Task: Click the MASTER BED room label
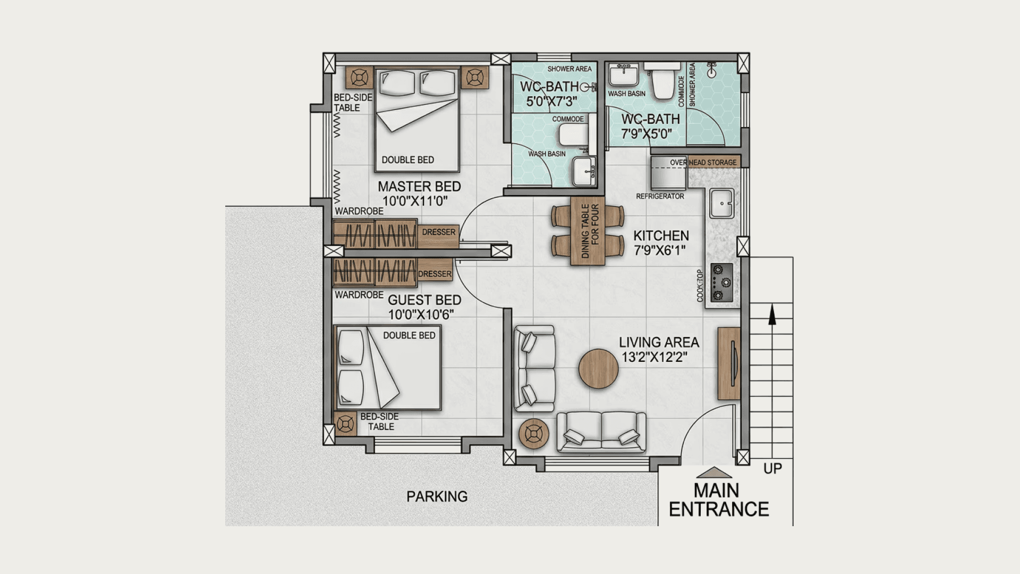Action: pyautogui.click(x=419, y=187)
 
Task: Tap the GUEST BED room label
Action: pyautogui.click(x=424, y=300)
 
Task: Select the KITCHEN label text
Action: pyautogui.click(x=661, y=236)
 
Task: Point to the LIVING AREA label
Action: pyautogui.click(x=659, y=342)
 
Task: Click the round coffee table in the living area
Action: pyautogui.click(x=599, y=369)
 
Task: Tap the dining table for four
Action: pyautogui.click(x=588, y=231)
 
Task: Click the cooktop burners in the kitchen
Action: pyautogui.click(x=721, y=283)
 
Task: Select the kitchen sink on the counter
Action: pyautogui.click(x=721, y=203)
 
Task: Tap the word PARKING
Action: pyautogui.click(x=437, y=496)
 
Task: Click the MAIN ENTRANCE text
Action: pyautogui.click(x=719, y=500)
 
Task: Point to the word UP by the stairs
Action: pyautogui.click(x=773, y=469)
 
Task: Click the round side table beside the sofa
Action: pyautogui.click(x=534, y=434)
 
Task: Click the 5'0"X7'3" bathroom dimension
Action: pyautogui.click(x=551, y=102)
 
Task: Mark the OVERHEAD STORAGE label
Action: pyautogui.click(x=703, y=163)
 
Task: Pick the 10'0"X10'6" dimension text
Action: pyautogui.click(x=421, y=315)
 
